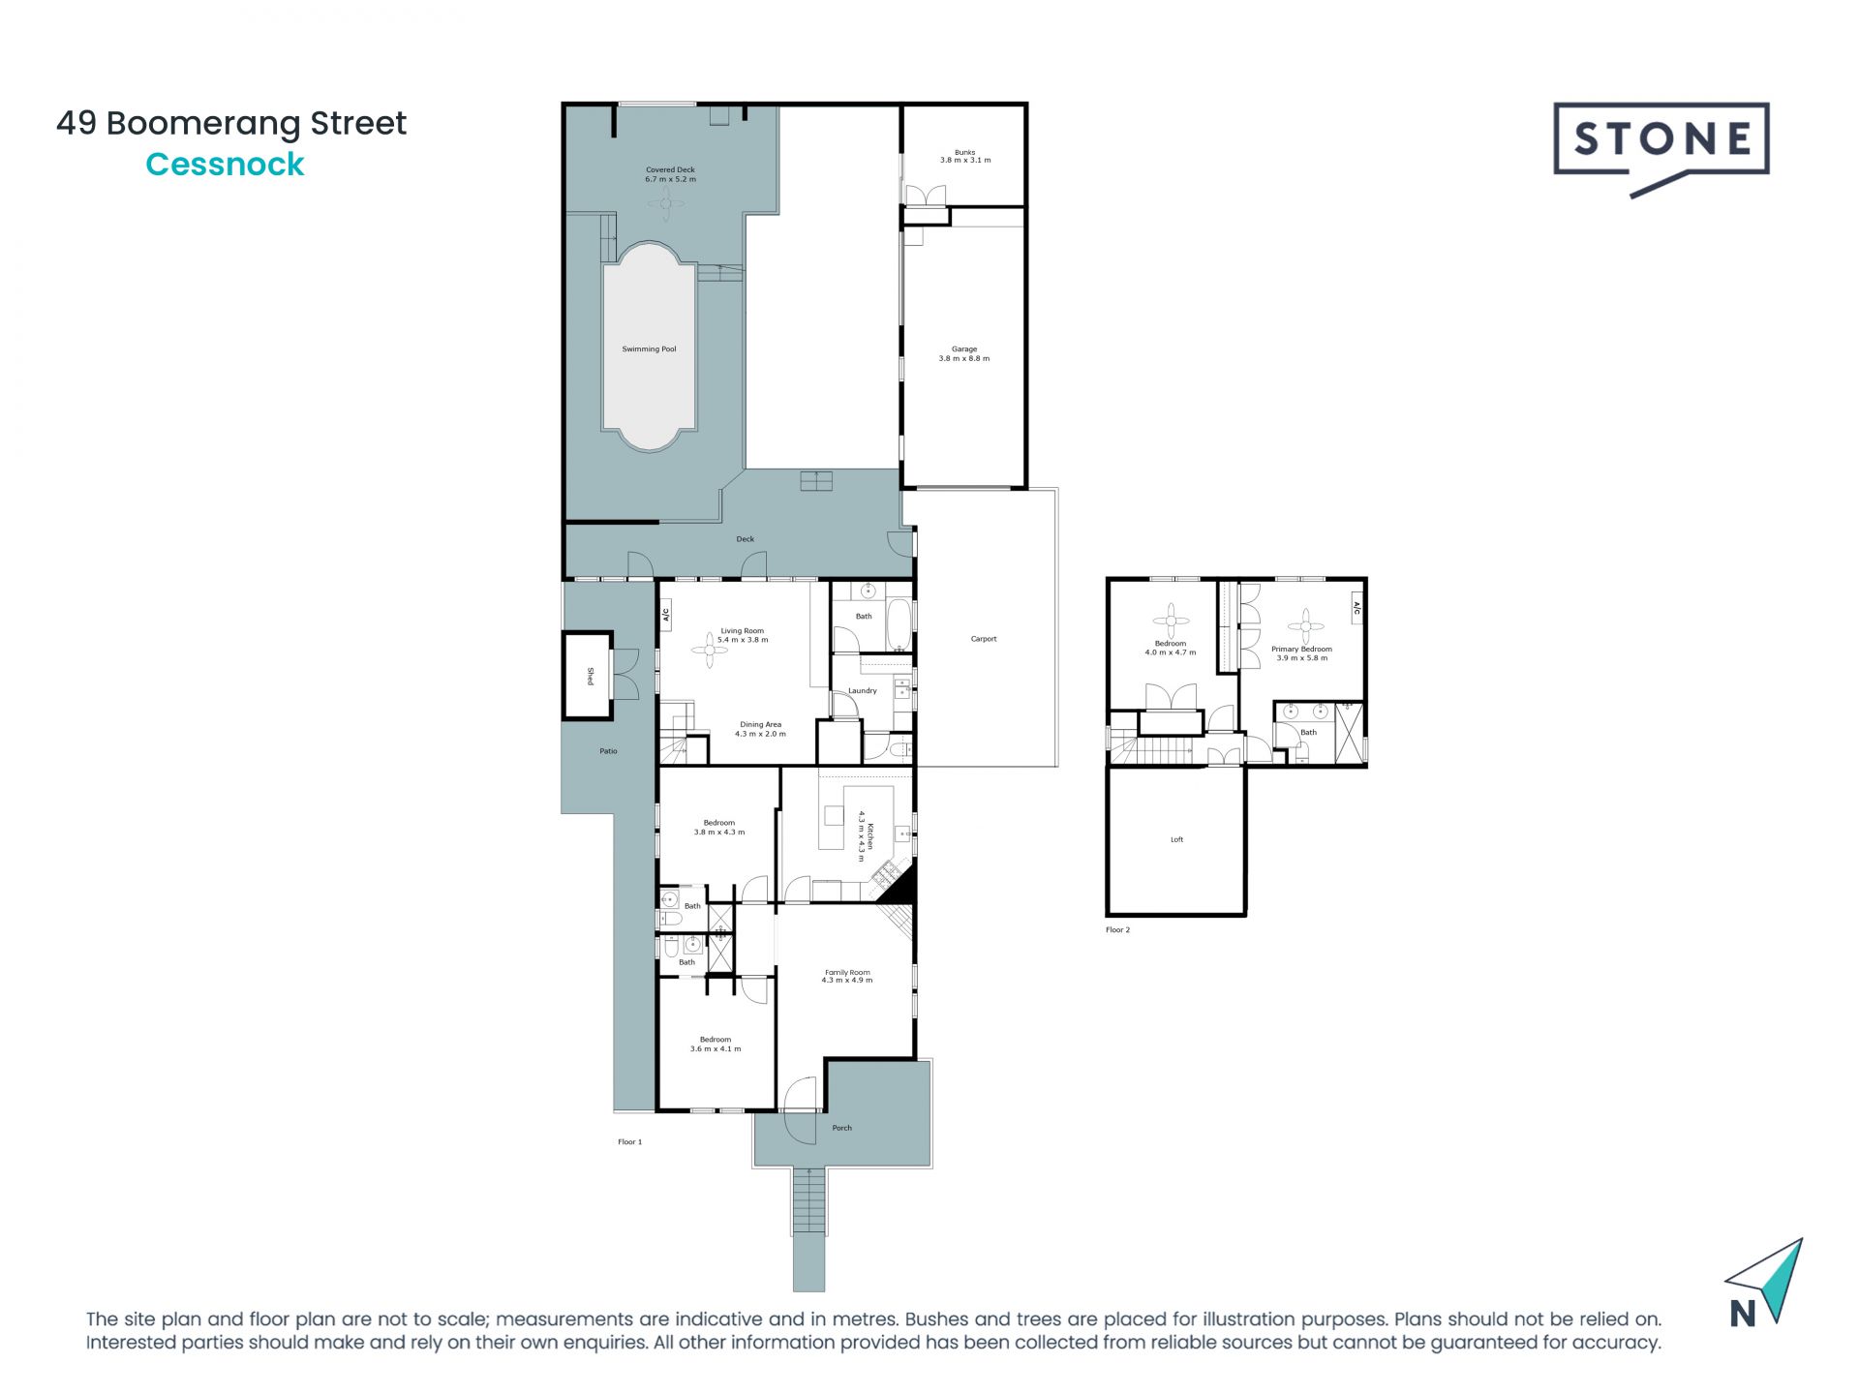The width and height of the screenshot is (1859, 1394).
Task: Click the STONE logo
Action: click(x=1661, y=141)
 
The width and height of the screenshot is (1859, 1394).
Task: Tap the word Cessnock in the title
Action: click(x=225, y=165)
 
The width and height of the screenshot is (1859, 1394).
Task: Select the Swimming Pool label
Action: click(x=649, y=348)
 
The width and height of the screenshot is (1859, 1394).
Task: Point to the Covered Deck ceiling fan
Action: click(x=666, y=203)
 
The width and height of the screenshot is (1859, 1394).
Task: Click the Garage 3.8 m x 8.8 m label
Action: click(x=963, y=353)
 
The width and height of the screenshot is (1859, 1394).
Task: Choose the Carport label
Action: click(x=983, y=639)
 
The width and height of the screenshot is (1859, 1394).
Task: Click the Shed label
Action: click(x=589, y=676)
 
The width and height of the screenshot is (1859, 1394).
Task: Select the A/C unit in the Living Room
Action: click(x=666, y=614)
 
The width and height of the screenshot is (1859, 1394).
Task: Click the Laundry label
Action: click(x=862, y=690)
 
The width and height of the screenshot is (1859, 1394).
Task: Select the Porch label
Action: click(x=841, y=1128)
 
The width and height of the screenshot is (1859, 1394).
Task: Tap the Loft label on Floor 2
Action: click(x=1176, y=839)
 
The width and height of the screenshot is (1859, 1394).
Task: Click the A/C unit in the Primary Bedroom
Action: click(x=1356, y=608)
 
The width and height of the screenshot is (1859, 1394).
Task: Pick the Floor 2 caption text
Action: click(x=1117, y=929)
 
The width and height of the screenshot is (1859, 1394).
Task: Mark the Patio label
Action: click(x=608, y=751)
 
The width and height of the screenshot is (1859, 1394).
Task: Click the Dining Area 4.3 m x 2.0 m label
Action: click(x=760, y=729)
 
